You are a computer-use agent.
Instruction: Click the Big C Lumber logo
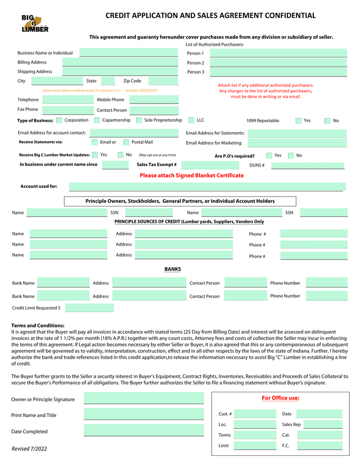coord(35,24)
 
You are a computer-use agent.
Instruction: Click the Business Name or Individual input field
coord(129,53)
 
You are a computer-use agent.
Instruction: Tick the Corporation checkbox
coord(59,120)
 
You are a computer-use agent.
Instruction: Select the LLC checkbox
coord(191,120)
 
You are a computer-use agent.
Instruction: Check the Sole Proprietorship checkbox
coord(138,120)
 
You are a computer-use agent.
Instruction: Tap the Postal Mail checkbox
coord(126,142)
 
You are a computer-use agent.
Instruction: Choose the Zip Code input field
coord(163,81)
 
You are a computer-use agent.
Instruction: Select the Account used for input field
coord(205,187)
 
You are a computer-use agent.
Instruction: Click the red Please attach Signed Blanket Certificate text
coord(192,176)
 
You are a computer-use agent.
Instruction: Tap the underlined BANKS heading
coord(173,269)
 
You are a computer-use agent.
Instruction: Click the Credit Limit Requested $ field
coord(89,308)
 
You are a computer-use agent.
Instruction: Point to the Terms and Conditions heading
coord(38,325)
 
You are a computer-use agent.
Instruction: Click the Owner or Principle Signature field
coord(143,399)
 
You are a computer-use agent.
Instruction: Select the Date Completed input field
coord(143,431)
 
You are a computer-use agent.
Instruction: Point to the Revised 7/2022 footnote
coord(29,449)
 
